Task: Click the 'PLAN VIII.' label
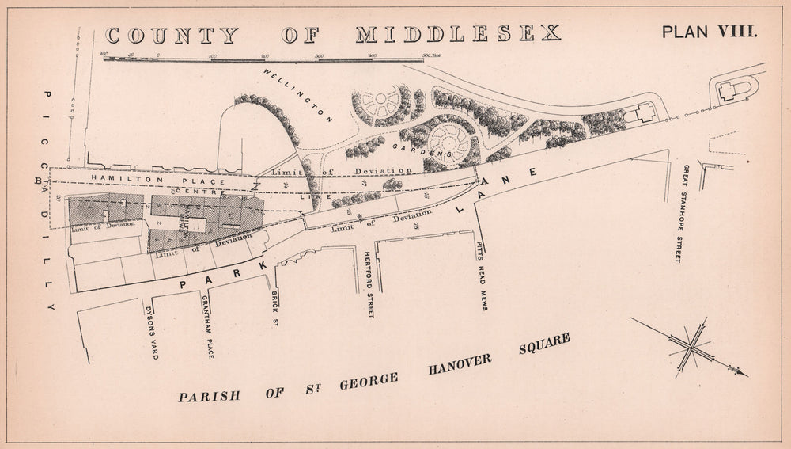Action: [710, 32]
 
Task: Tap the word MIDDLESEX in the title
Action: [458, 34]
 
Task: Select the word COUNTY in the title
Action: [171, 36]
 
